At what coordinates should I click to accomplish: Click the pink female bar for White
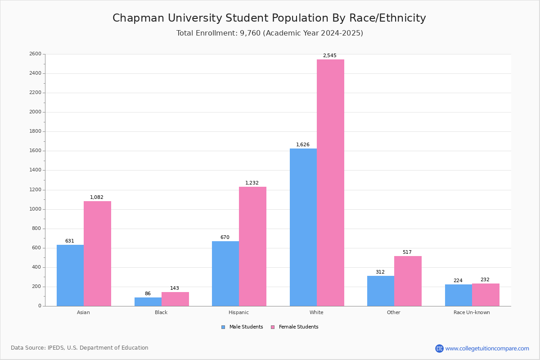[x=330, y=183]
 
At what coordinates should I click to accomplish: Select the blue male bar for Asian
[x=70, y=275]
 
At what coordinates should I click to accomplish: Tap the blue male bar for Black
[x=148, y=301]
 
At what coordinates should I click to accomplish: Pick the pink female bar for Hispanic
[x=252, y=247]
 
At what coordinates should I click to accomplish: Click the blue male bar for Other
[x=381, y=291]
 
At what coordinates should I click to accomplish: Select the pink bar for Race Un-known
[x=486, y=295]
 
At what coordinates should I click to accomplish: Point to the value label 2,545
[x=329, y=56]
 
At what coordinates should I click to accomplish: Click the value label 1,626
[x=302, y=145]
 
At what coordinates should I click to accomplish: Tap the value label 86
[x=148, y=294]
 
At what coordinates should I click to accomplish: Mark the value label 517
[x=407, y=252]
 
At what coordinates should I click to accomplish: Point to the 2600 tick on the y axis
[x=35, y=54]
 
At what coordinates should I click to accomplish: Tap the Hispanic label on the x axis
[x=238, y=312]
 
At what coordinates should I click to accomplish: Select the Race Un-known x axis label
[x=472, y=312]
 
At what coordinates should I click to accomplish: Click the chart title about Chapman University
[x=269, y=18]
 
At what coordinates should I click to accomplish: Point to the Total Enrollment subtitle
[x=270, y=33]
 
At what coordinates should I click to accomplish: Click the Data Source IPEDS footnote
[x=80, y=348]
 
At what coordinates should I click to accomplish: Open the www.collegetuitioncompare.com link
[x=487, y=348]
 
